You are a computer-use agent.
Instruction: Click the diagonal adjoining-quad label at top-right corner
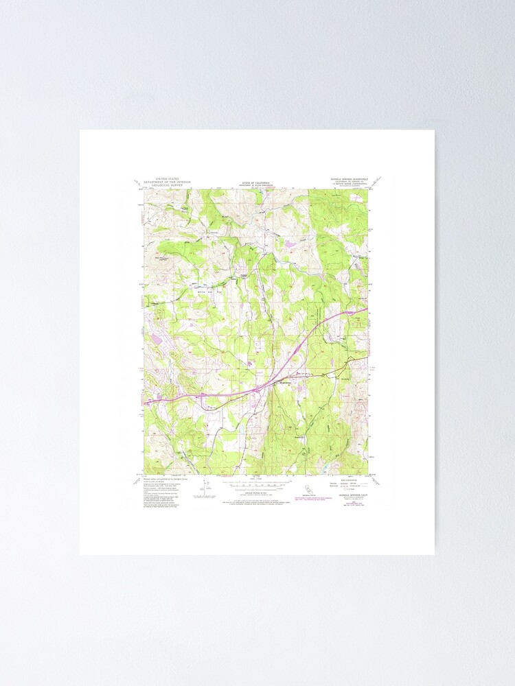[x=376, y=182]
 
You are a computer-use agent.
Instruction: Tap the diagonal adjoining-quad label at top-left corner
[x=140, y=182]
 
